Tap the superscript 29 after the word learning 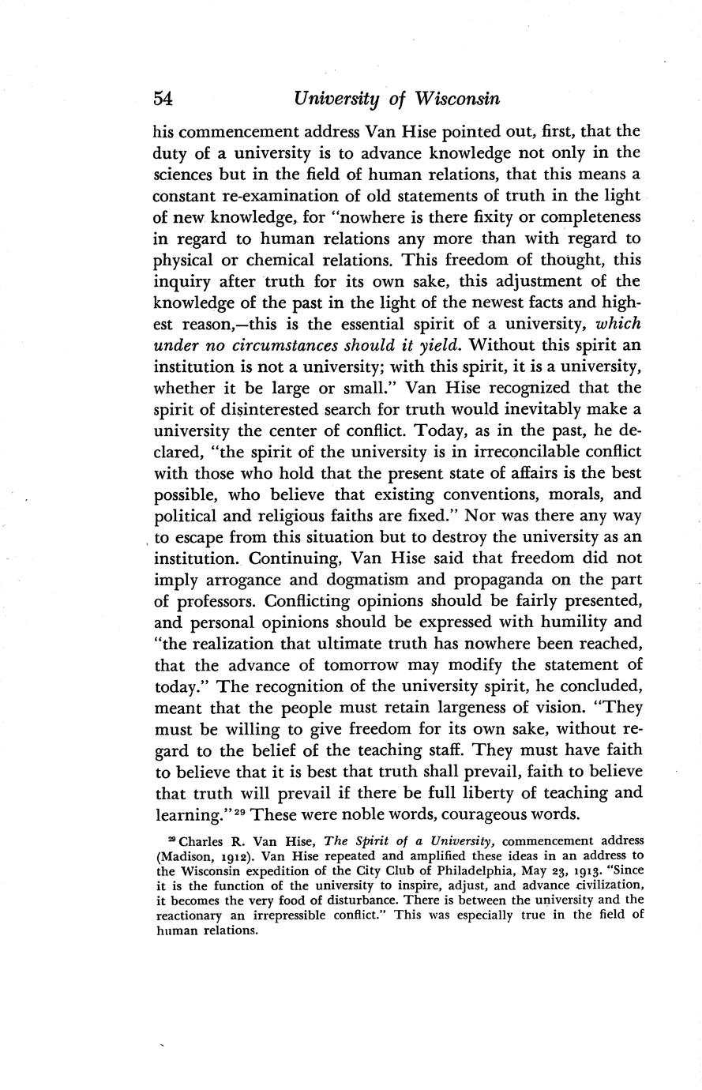[240, 809]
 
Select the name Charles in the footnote [191, 840]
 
